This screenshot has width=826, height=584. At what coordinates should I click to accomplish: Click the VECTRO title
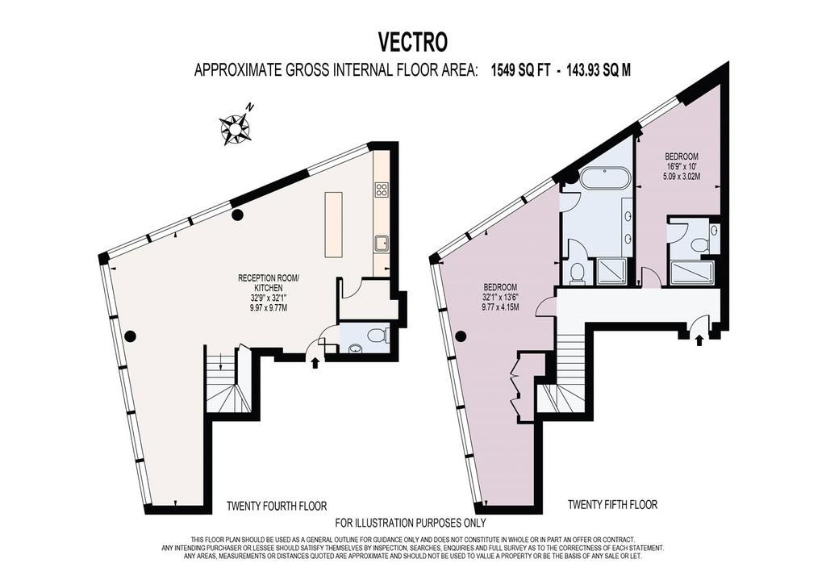pyautogui.click(x=413, y=43)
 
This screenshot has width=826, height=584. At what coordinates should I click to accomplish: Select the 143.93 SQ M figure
pyautogui.click(x=598, y=70)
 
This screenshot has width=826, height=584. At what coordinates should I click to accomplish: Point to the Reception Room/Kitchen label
pyautogui.click(x=269, y=293)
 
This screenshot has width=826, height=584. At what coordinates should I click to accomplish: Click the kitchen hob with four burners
pyautogui.click(x=382, y=190)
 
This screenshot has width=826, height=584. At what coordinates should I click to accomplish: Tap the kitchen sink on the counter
pyautogui.click(x=382, y=243)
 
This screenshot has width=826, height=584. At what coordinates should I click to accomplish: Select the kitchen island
pyautogui.click(x=333, y=225)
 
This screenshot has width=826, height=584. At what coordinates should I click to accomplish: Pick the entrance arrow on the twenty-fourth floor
pyautogui.click(x=315, y=362)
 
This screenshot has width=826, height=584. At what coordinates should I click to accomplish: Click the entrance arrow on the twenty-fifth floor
pyautogui.click(x=699, y=340)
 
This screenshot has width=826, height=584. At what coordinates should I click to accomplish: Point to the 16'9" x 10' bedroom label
pyautogui.click(x=682, y=166)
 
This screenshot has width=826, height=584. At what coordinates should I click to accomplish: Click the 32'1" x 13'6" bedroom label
pyautogui.click(x=500, y=297)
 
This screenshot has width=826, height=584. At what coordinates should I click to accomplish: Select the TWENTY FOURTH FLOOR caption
pyautogui.click(x=277, y=506)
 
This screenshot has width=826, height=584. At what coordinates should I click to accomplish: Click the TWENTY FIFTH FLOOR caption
pyautogui.click(x=613, y=504)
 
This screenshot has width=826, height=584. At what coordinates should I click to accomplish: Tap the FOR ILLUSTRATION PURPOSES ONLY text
pyautogui.click(x=411, y=523)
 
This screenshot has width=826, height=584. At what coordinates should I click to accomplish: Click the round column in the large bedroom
pyautogui.click(x=461, y=336)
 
